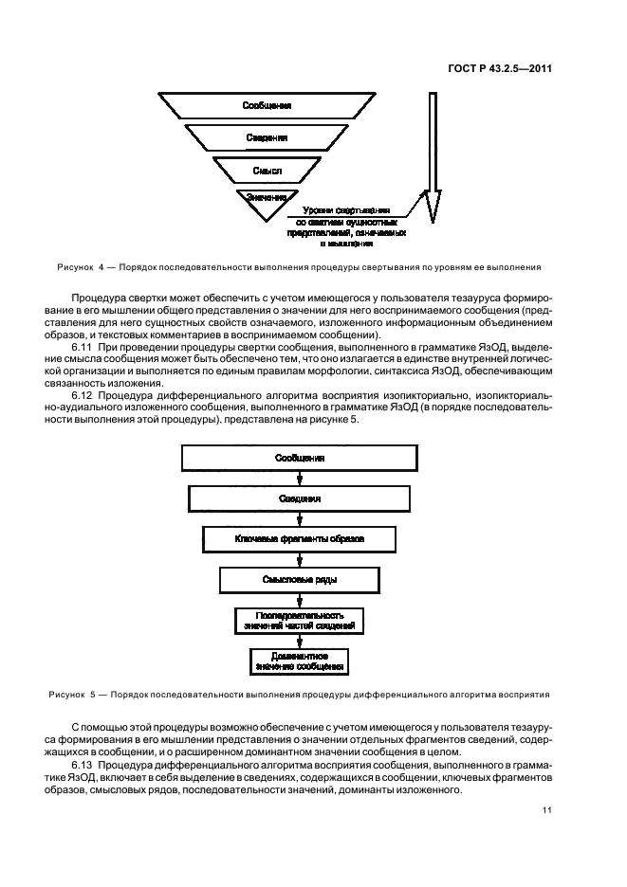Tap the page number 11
click(x=547, y=809)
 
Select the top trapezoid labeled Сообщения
click(x=267, y=105)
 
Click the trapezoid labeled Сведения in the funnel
click(x=267, y=138)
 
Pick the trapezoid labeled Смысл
click(x=267, y=171)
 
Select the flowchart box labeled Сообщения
click(x=300, y=459)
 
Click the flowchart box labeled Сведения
click(x=300, y=498)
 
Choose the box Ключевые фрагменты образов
click(x=300, y=538)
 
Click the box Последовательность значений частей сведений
click(x=300, y=621)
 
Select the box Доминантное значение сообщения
click(x=300, y=661)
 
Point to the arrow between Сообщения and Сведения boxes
click(x=300, y=479)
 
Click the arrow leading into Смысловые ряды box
click(x=300, y=559)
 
